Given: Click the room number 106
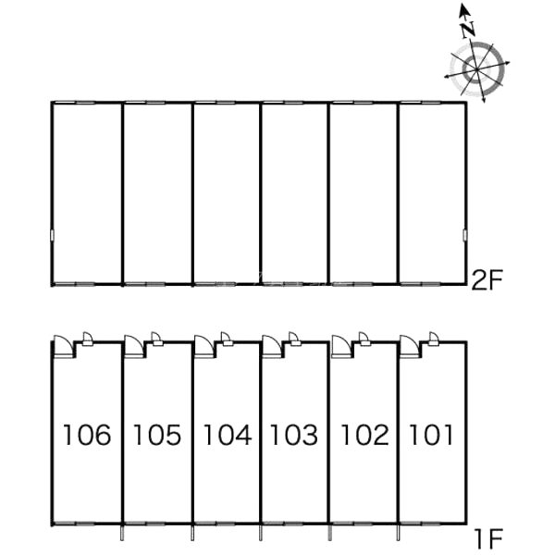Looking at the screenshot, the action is tap(87, 435).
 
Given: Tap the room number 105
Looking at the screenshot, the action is tap(157, 435).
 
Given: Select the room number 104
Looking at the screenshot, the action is tap(228, 435).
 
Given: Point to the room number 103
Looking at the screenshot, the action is tap(294, 435).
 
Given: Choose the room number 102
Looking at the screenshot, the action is tap(364, 435).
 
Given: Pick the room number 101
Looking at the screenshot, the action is tap(431, 435).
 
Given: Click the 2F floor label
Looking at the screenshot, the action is tap(487, 280).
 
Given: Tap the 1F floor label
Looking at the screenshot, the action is tap(488, 538).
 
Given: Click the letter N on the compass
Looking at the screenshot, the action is tap(468, 30).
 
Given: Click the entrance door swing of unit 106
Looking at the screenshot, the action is tap(63, 346).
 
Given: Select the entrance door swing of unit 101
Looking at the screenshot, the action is tap(409, 346).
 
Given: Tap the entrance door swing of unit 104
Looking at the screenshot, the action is tap(204, 346).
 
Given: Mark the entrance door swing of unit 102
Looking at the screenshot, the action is tap(341, 346).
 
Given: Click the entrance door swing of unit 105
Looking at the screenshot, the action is tap(134, 346).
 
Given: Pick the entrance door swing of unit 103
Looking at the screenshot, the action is tap(272, 346).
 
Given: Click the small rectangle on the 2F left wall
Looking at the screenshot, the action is tap(53, 235).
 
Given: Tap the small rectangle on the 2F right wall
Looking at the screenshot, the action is tap(464, 235).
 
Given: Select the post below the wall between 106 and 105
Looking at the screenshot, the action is tap(122, 533).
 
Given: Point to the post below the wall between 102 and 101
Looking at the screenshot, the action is tap(398, 533).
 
